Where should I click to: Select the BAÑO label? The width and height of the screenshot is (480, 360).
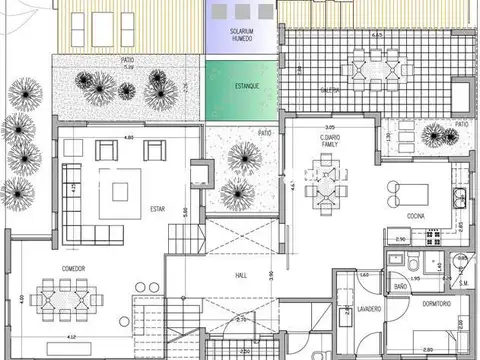coord(400,286)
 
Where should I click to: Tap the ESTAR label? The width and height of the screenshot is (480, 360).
coord(157,209)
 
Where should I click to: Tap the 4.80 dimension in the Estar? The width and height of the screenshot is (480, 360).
coord(128,136)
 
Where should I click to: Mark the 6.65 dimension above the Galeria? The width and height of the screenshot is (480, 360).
coord(376,35)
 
